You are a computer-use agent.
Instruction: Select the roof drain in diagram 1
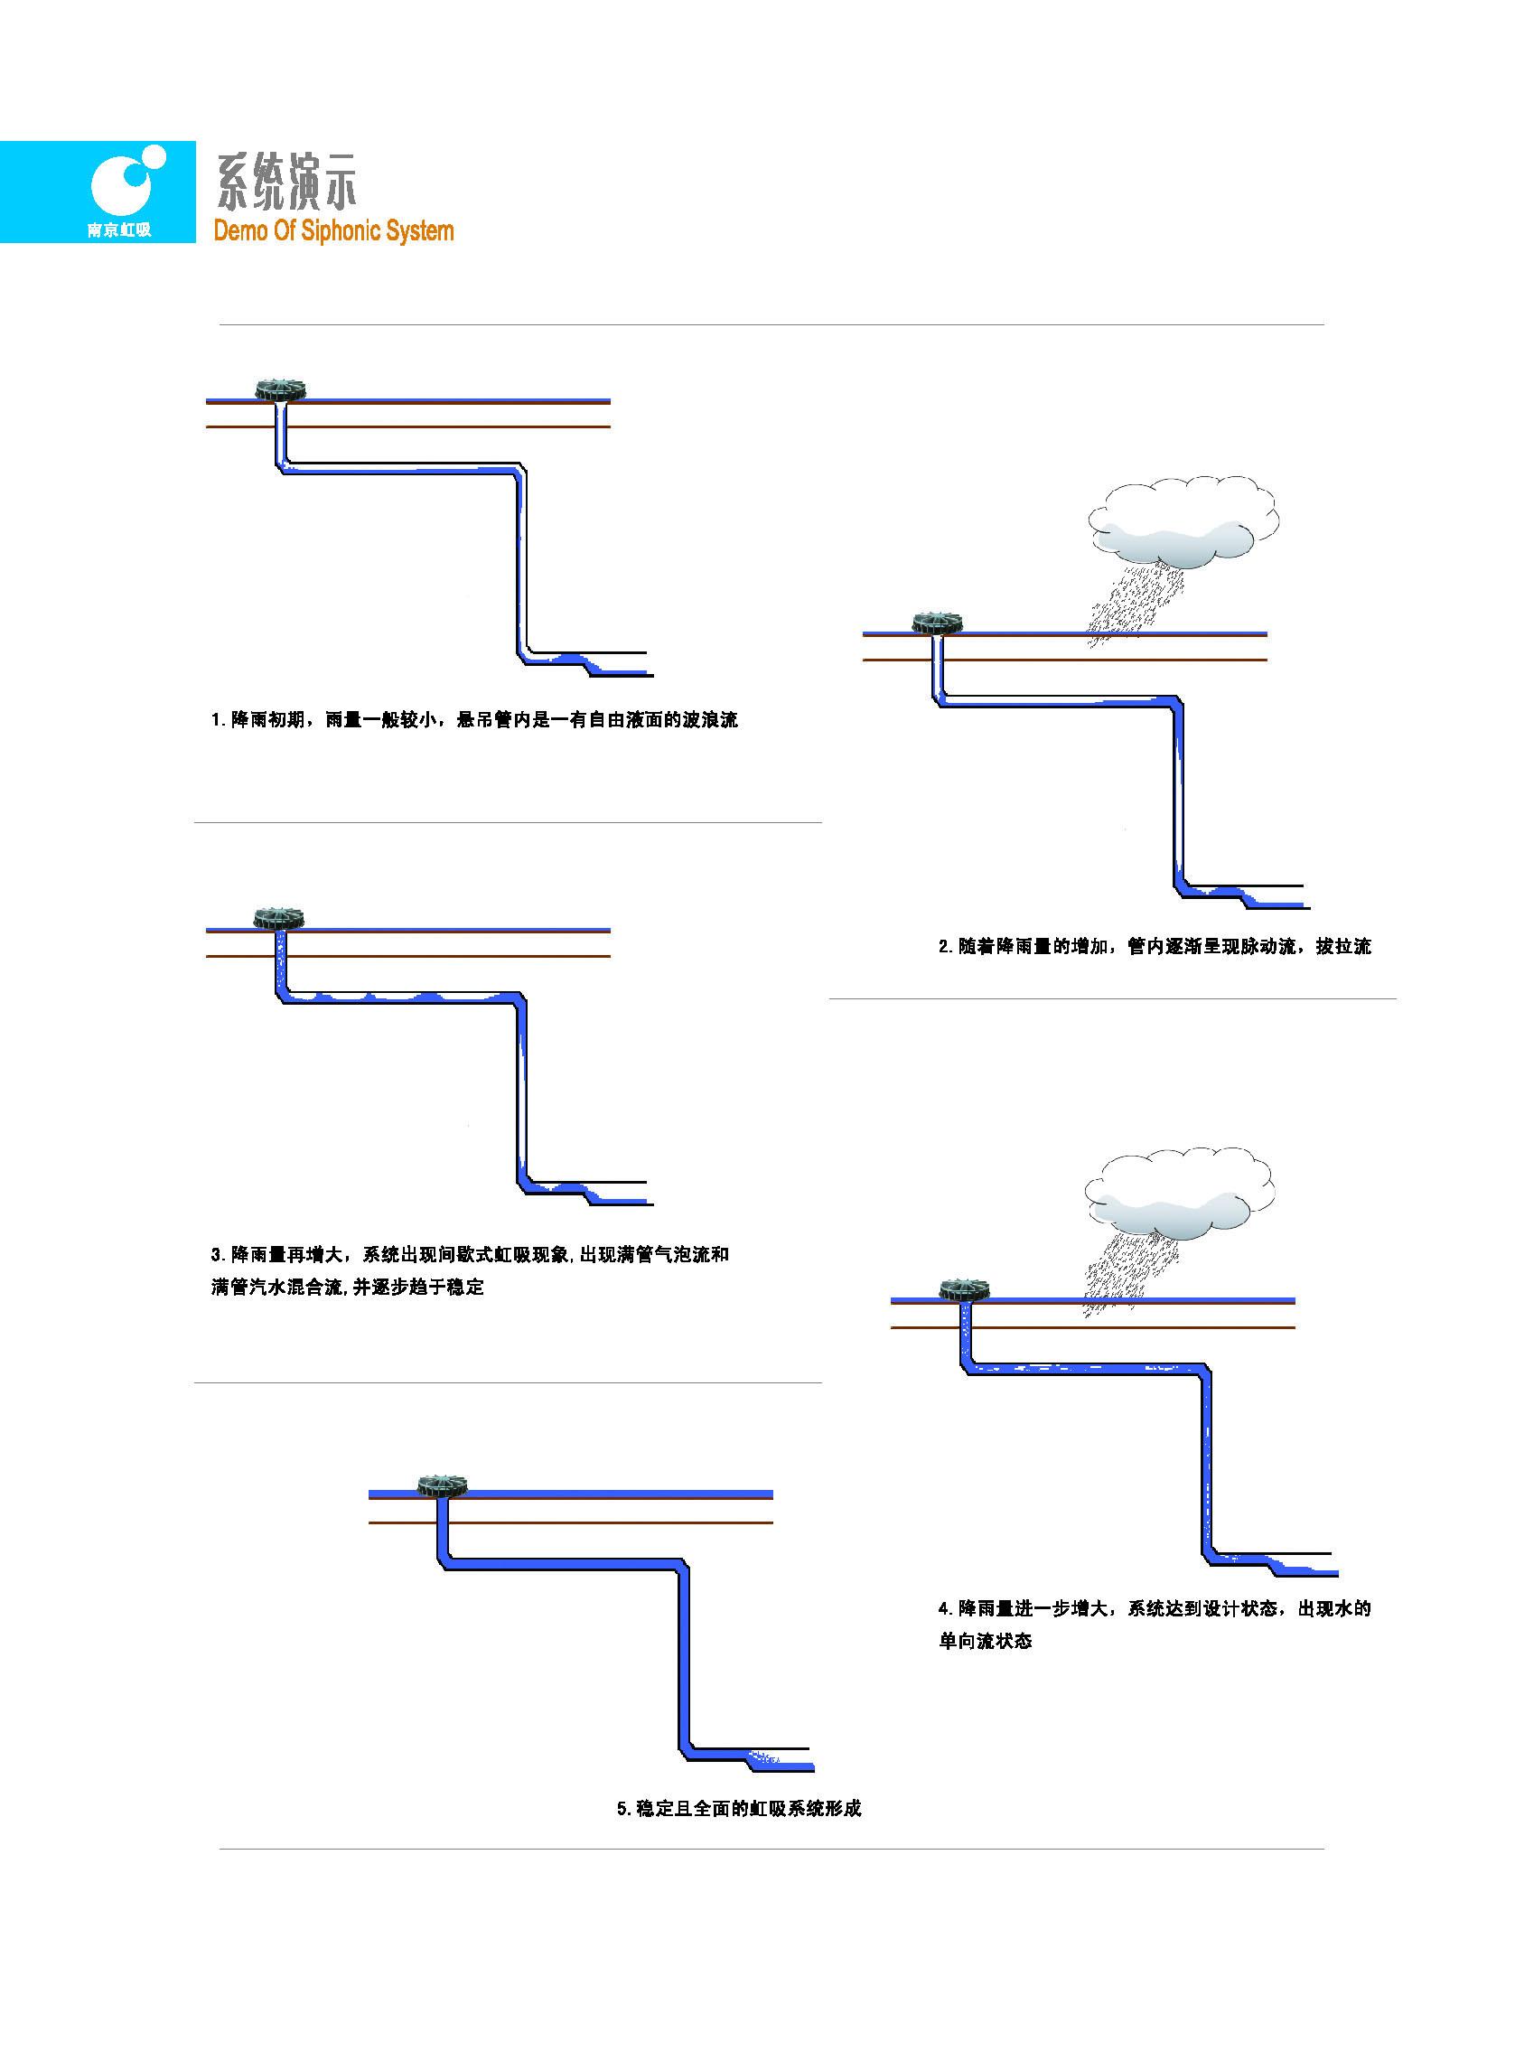click(280, 389)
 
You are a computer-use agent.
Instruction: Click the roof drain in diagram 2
click(936, 623)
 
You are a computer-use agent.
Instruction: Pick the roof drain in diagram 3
click(278, 918)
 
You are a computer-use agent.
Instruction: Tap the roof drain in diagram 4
click(965, 1290)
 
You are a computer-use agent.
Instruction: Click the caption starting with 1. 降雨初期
click(474, 720)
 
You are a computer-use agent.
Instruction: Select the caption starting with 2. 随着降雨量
click(1154, 947)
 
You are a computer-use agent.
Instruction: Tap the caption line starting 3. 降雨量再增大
click(470, 1254)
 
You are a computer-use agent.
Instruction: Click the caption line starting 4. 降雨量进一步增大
click(1154, 1607)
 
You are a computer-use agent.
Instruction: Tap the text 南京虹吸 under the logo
click(119, 229)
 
